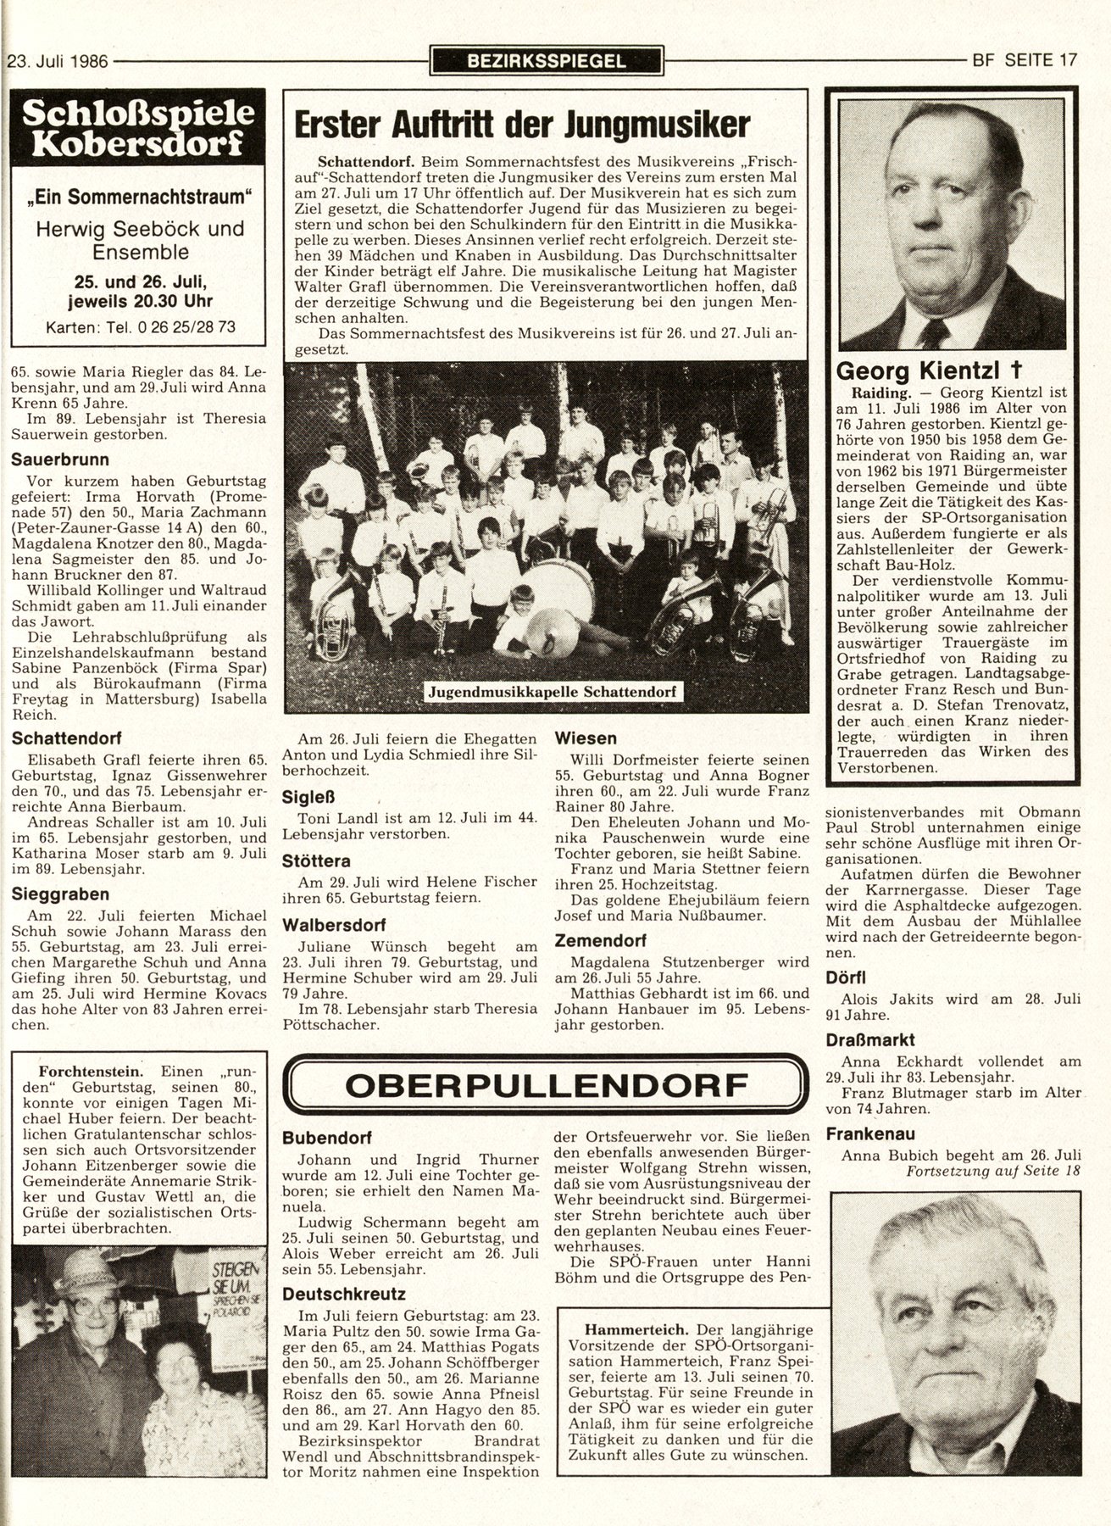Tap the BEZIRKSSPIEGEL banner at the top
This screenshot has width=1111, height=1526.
point(547,61)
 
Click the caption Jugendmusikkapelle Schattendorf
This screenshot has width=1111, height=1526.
point(552,691)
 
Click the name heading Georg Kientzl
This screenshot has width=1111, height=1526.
point(929,370)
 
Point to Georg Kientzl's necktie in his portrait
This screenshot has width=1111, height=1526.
point(935,333)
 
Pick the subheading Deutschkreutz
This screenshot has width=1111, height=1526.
point(333,1294)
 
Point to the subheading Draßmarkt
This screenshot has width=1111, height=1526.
point(870,1039)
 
